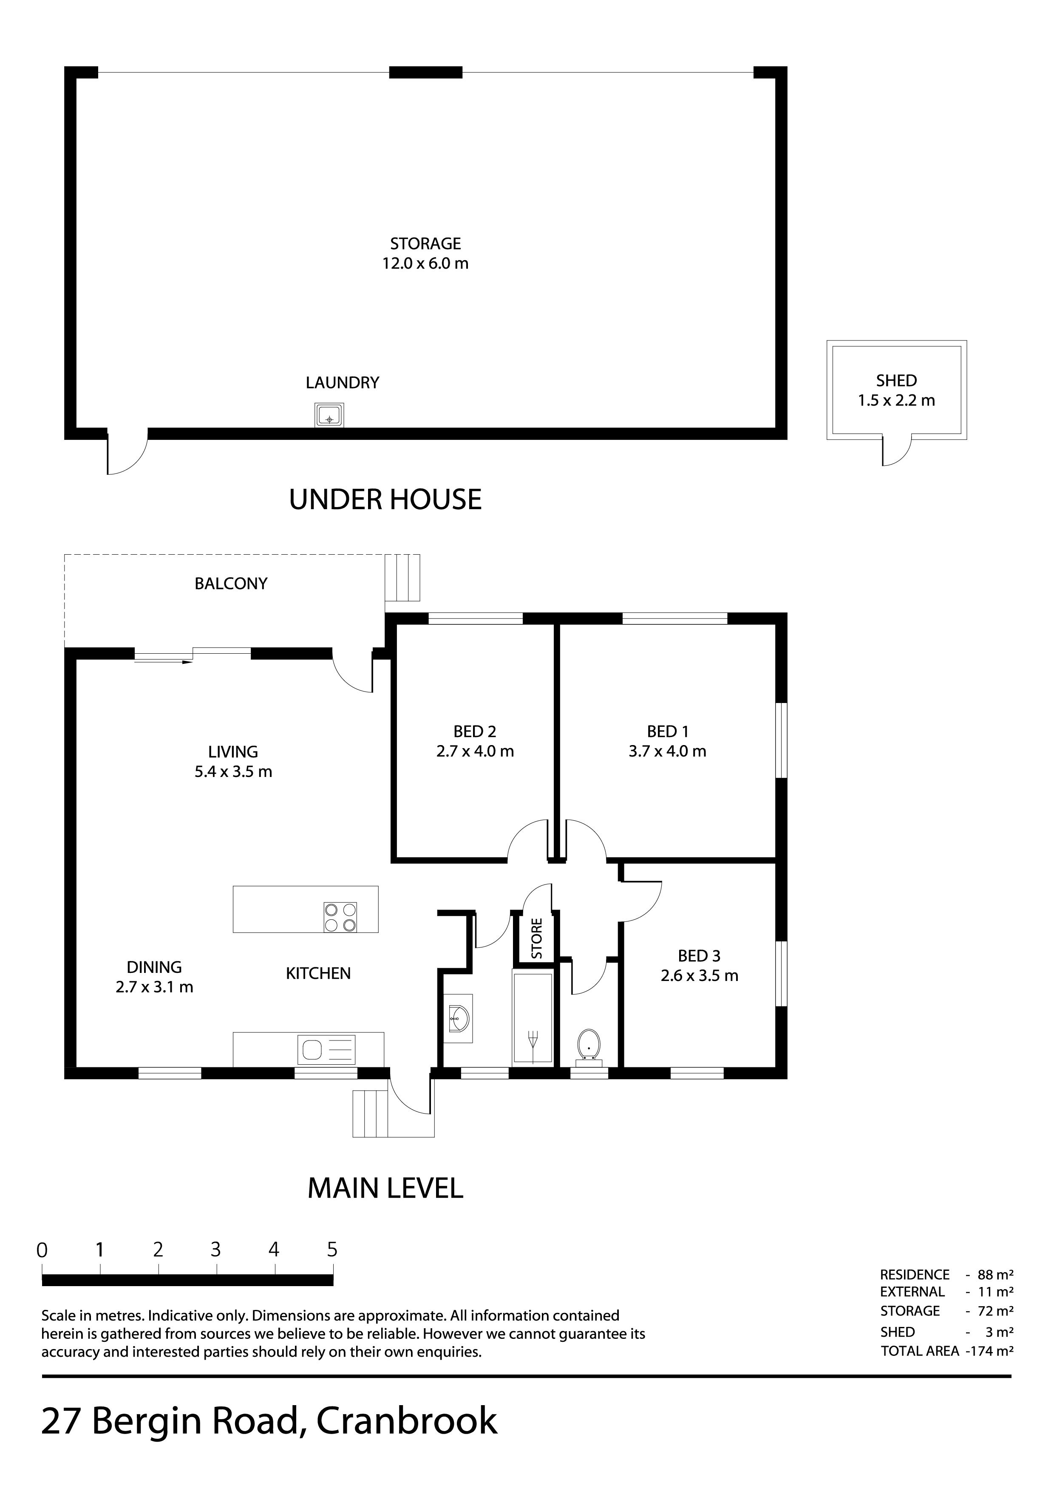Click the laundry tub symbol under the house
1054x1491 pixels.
[329, 415]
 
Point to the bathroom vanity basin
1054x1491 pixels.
[459, 1018]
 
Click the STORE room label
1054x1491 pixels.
[536, 938]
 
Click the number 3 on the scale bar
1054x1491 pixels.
[215, 1250]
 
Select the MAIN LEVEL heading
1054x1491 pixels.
[385, 1188]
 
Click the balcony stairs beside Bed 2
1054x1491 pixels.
[402, 577]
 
